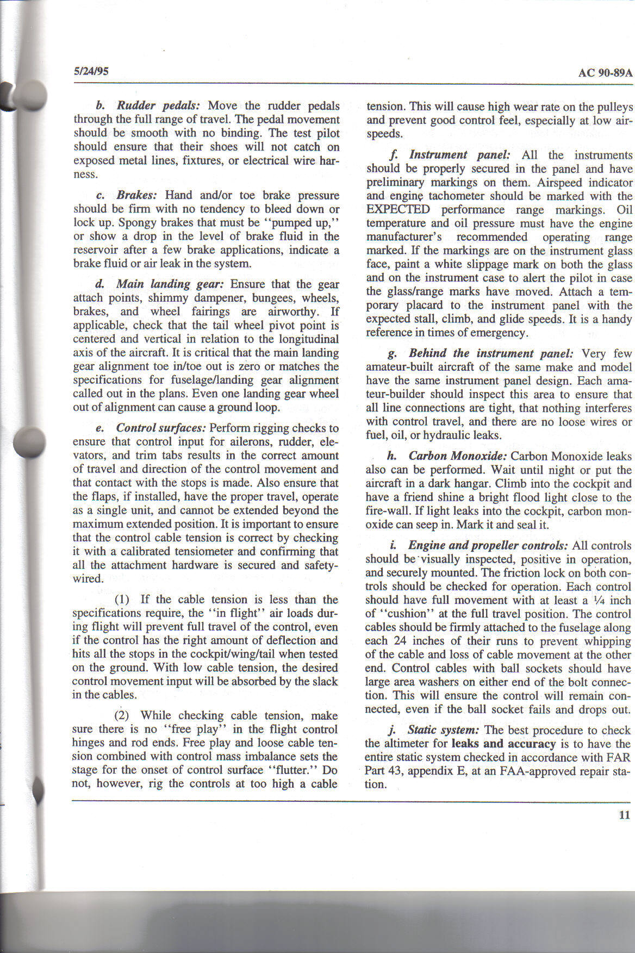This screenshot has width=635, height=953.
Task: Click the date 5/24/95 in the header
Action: pyautogui.click(x=91, y=71)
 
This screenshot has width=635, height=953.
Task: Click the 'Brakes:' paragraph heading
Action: pyautogui.click(x=136, y=195)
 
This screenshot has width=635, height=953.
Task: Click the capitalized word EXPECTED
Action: pyautogui.click(x=398, y=210)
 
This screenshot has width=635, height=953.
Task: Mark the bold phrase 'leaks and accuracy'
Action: pyautogui.click(x=503, y=744)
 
